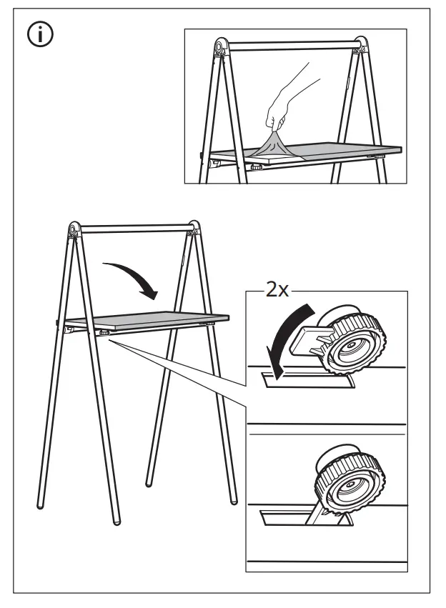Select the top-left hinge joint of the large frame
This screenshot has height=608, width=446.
[x=73, y=230]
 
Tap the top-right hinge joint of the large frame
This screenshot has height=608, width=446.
[x=192, y=229]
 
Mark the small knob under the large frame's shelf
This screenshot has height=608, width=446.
[x=104, y=332]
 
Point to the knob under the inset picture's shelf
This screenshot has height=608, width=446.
[x=254, y=166]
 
